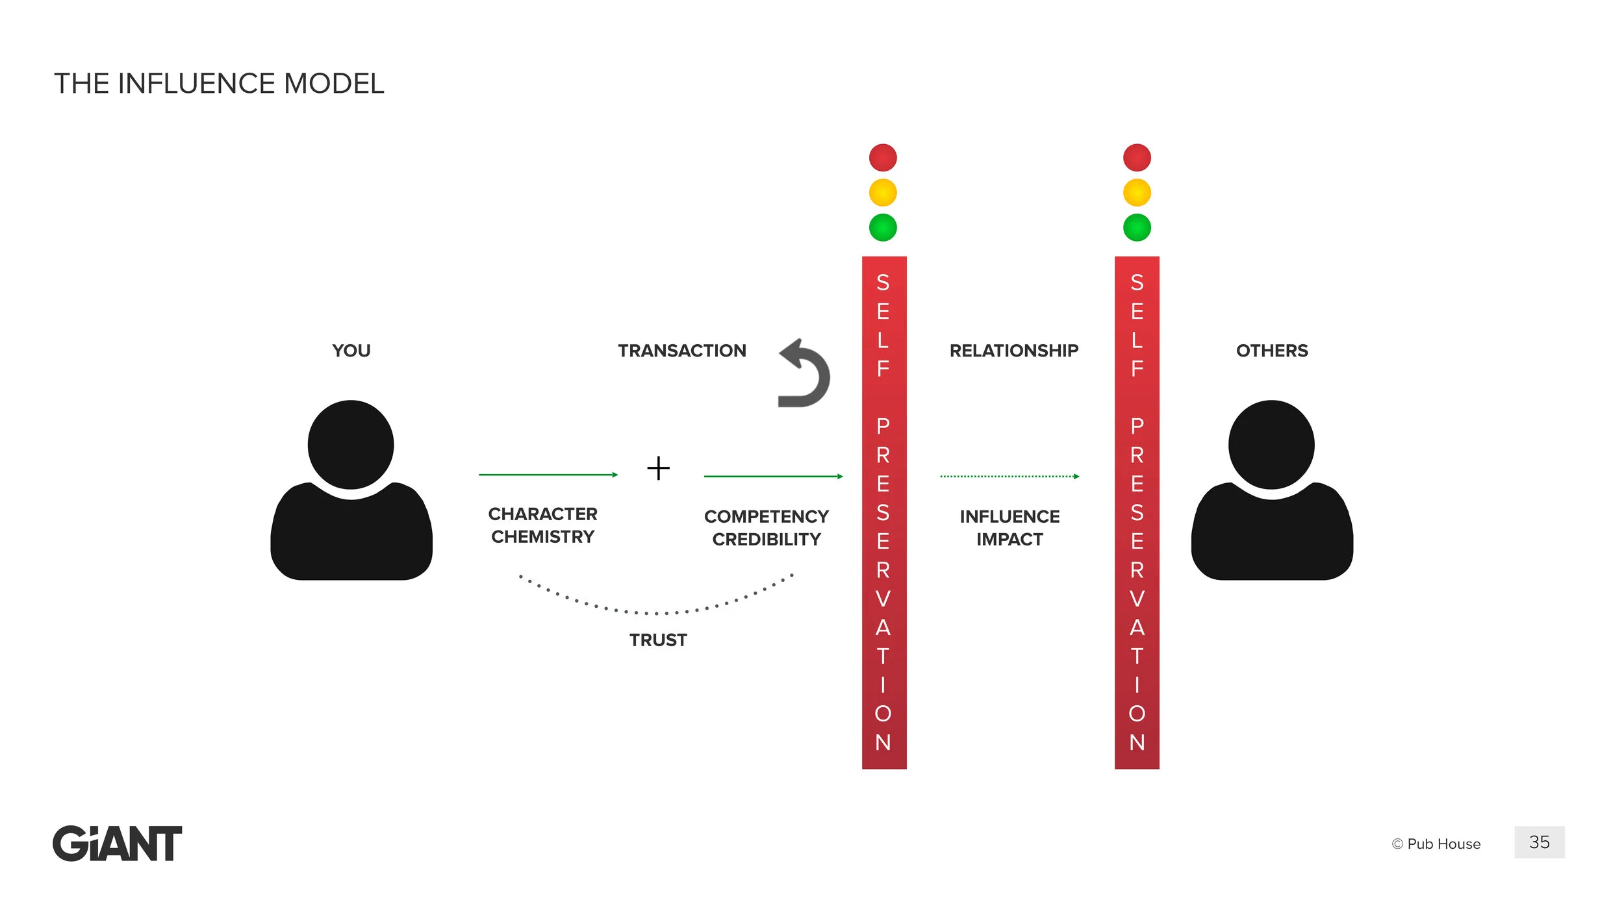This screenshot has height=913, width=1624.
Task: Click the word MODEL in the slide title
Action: (x=334, y=84)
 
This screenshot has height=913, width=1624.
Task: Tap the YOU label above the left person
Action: (x=351, y=351)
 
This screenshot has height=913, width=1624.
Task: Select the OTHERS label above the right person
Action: (x=1272, y=351)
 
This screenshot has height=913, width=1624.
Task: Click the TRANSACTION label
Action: (x=682, y=351)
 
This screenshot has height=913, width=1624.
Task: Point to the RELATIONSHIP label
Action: (x=1013, y=351)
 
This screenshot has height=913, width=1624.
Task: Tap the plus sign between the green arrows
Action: (x=658, y=468)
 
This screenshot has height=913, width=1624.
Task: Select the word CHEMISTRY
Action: (x=542, y=537)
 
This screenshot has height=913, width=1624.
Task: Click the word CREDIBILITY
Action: (x=767, y=540)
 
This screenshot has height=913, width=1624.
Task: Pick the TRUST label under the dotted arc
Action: (x=658, y=640)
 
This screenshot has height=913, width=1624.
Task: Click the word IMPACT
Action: (x=1009, y=540)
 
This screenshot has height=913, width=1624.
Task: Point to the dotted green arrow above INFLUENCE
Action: (x=1009, y=477)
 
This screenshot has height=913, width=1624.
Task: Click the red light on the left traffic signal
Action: (x=883, y=158)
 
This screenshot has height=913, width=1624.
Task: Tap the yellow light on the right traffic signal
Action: (x=1137, y=193)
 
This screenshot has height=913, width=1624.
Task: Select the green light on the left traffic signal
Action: (x=883, y=228)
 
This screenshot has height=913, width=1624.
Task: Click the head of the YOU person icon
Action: (x=351, y=445)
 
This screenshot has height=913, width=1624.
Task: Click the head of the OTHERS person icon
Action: (x=1271, y=445)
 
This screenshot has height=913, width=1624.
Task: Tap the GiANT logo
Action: (x=118, y=844)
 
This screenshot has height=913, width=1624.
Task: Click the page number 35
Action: (x=1539, y=842)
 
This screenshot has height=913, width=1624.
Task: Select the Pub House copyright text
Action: (x=1436, y=844)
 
